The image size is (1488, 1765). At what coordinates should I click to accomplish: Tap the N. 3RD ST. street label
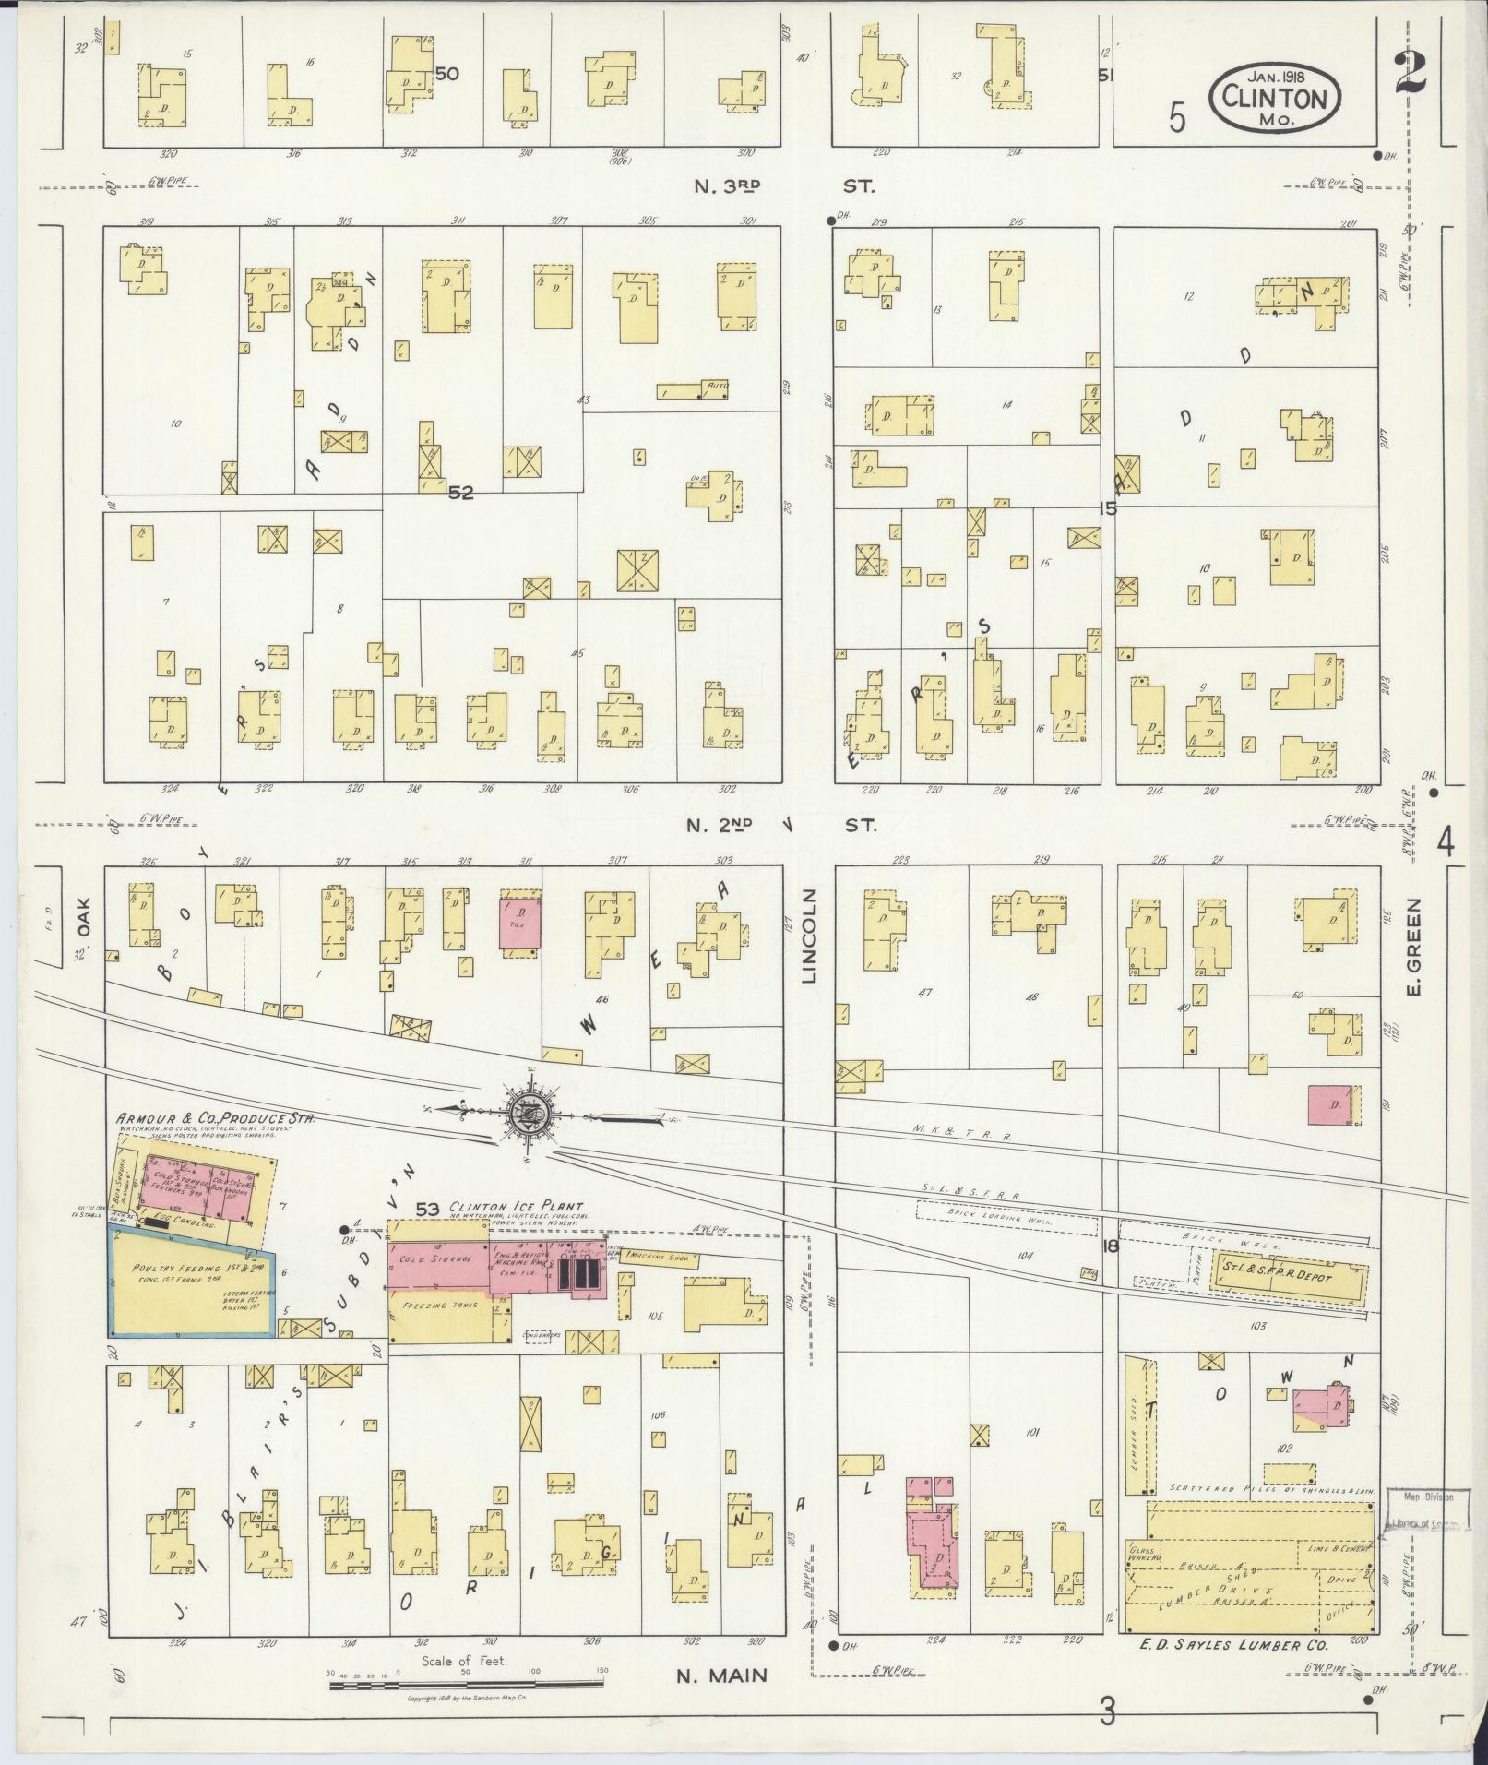[x=784, y=186]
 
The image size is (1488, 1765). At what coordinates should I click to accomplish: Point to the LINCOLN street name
[x=810, y=936]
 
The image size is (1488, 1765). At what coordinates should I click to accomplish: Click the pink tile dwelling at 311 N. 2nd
[x=519, y=920]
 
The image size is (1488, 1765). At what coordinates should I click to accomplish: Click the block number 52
[x=460, y=493]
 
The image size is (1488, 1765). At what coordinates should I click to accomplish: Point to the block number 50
[x=447, y=74]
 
